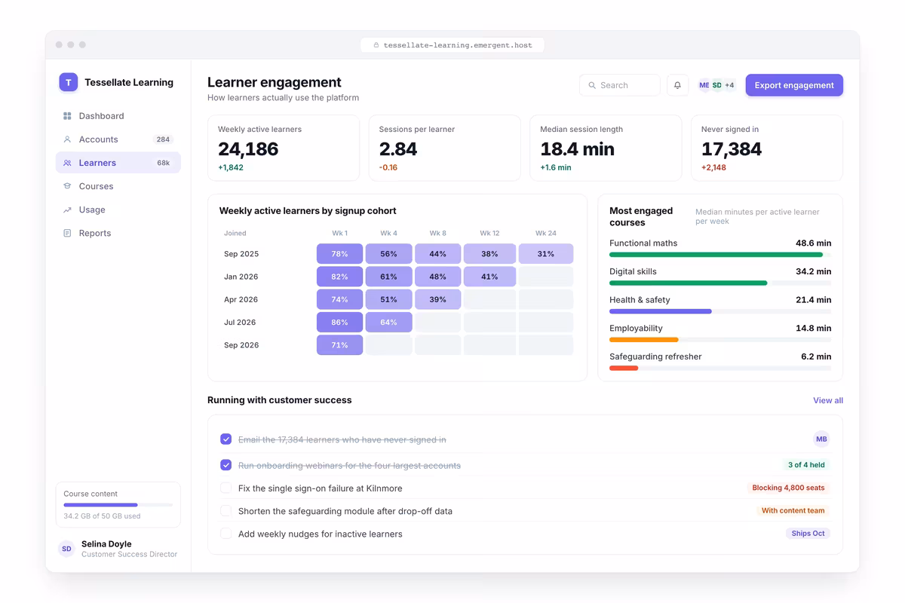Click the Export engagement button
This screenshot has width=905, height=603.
794,85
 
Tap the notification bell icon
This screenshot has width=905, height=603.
677,85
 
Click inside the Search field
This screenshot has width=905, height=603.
620,85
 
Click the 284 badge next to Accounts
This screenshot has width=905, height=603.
163,139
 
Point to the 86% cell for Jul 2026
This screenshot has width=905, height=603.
339,323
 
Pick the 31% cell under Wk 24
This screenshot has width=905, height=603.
545,254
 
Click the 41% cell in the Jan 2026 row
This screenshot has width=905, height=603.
489,277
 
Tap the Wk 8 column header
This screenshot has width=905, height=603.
437,233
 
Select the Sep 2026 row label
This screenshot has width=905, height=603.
241,345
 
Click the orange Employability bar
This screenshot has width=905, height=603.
643,340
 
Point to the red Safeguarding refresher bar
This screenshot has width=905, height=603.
624,368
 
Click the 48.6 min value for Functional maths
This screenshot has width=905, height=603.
813,243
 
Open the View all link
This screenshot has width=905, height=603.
828,400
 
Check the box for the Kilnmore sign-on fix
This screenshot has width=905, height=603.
225,488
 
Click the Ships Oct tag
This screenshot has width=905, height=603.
808,533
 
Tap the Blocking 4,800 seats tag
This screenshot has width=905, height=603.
788,488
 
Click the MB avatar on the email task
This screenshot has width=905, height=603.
821,439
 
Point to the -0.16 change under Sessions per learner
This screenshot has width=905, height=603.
388,167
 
